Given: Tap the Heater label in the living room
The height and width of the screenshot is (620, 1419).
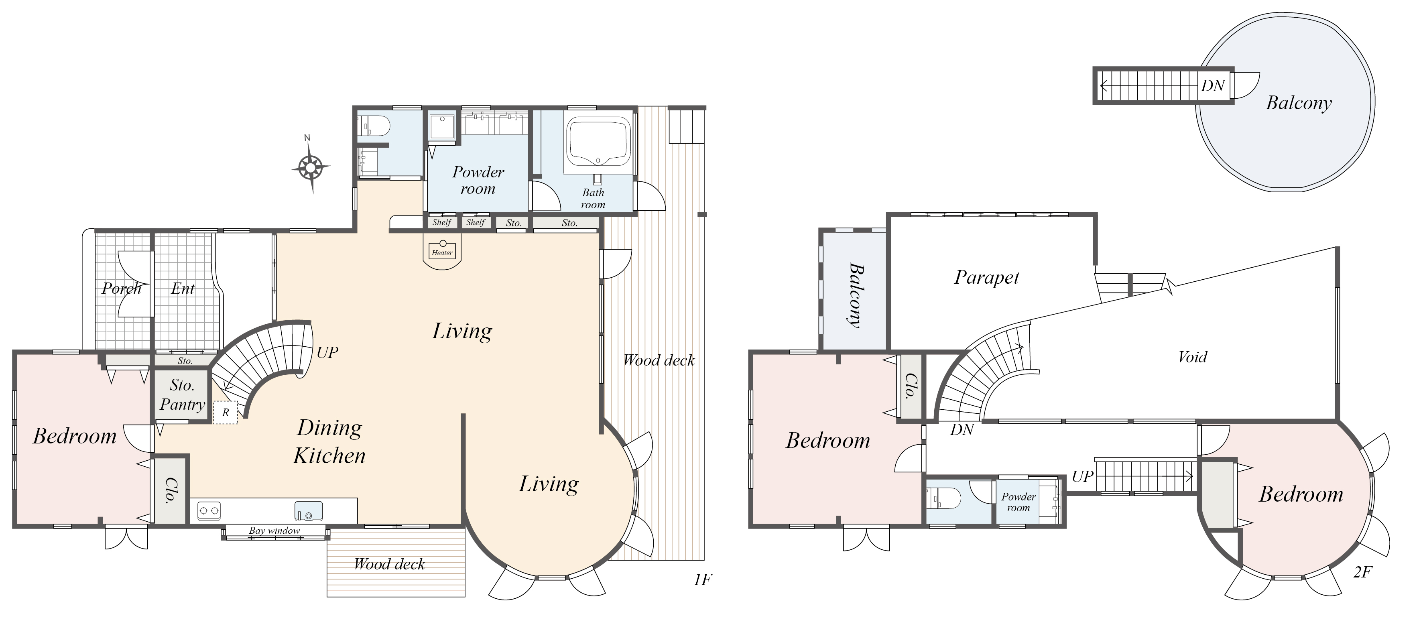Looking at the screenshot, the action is click(442, 253).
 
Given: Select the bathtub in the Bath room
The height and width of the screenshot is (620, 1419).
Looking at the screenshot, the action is click(599, 142).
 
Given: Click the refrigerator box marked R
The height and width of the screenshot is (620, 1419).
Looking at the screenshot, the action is click(225, 413).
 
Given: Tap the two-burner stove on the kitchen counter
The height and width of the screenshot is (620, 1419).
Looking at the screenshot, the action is click(209, 511).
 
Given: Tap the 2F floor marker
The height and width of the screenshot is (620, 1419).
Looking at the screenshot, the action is click(1362, 572).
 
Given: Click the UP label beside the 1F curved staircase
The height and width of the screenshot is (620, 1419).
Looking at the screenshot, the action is click(327, 352).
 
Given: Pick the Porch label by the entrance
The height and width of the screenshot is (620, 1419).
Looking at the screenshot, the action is click(122, 289).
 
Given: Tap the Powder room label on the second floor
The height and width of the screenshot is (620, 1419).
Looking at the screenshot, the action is click(1019, 502).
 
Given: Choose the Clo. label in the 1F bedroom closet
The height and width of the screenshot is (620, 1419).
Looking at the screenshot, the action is click(170, 490).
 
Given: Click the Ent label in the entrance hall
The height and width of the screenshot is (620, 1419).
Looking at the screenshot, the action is click(183, 289).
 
